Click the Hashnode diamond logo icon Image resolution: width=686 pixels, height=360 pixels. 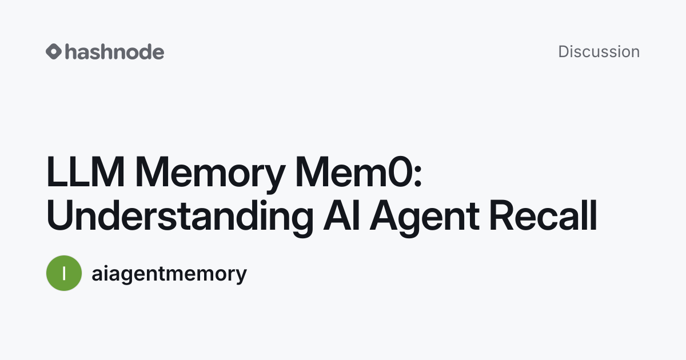point(54,51)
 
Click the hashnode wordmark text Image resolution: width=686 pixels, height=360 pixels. point(115,51)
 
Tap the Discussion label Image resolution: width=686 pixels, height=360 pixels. point(599,51)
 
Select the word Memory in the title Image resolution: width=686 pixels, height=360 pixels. point(210,174)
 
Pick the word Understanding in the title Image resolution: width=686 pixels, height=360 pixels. point(180,218)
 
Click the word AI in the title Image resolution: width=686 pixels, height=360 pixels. point(341,215)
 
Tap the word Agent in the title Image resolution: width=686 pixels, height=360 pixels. point(424,218)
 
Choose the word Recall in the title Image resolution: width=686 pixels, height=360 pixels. point(543,215)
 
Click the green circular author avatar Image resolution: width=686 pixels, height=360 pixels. point(64,273)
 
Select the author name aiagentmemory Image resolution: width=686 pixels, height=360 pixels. point(169,274)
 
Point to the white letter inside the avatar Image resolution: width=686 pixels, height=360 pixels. point(64,273)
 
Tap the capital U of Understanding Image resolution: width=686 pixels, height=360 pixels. point(60,215)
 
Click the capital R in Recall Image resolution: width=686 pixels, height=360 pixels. point(502,215)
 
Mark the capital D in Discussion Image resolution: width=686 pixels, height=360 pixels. point(564,51)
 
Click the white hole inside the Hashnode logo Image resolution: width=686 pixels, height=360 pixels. point(54,51)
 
